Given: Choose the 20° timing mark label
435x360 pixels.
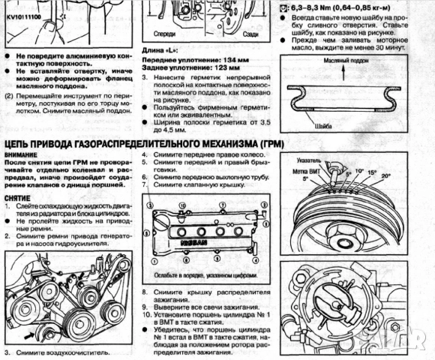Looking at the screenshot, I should (x=386, y=176).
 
